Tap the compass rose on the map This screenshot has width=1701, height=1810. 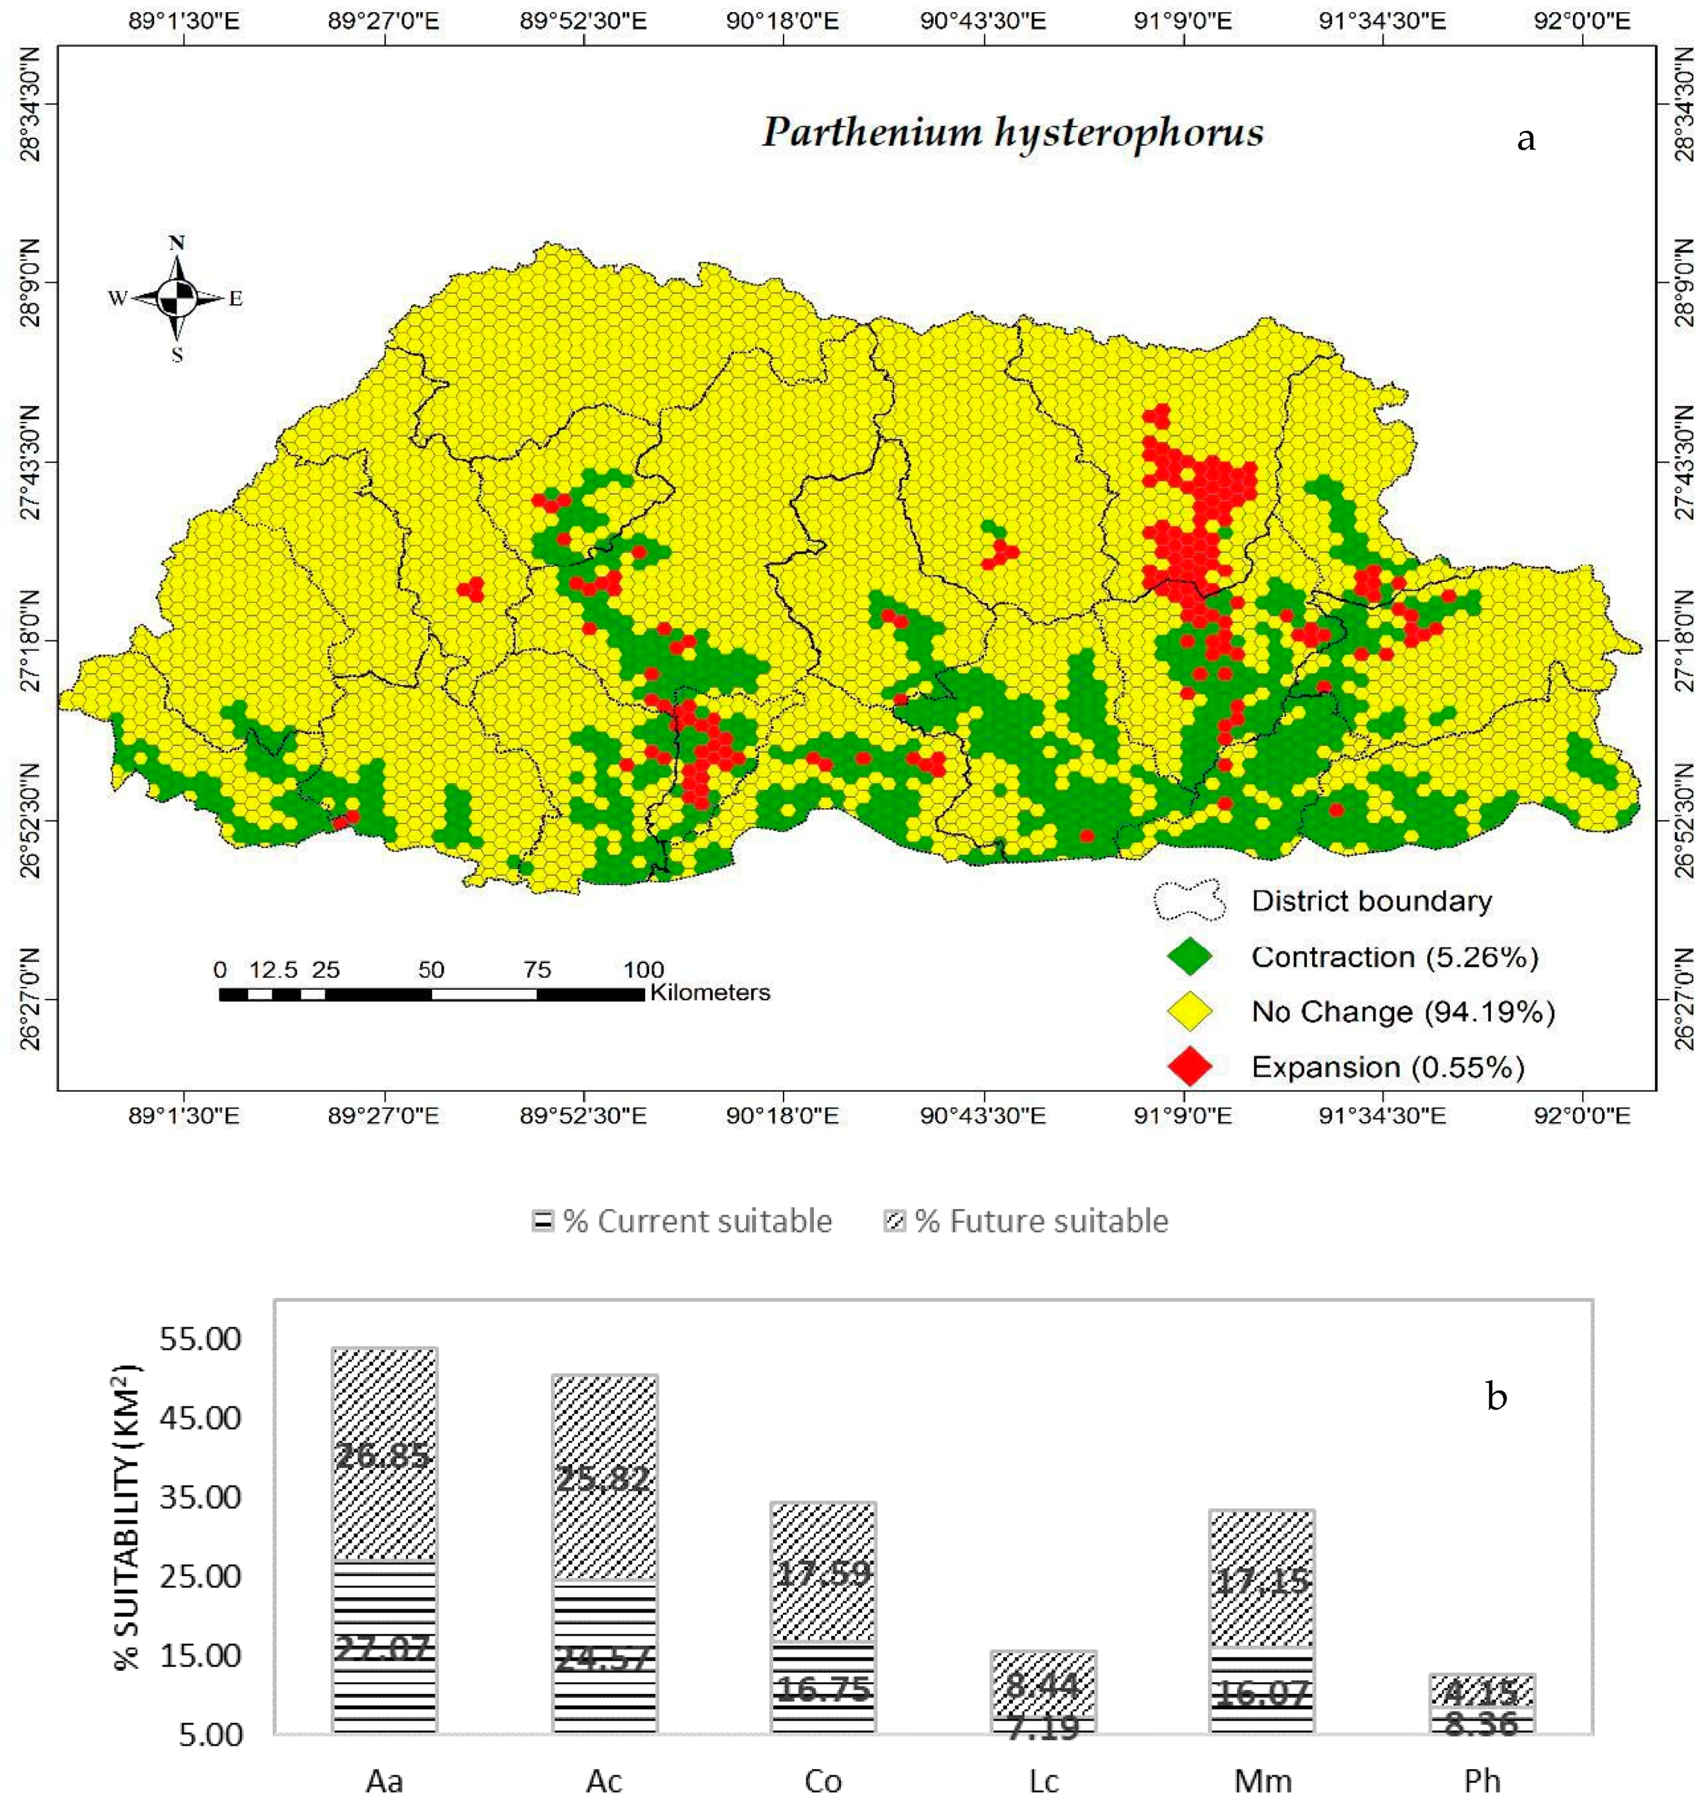[x=177, y=298]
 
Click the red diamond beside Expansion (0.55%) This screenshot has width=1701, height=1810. [x=1189, y=1066]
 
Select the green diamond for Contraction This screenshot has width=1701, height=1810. [x=1189, y=957]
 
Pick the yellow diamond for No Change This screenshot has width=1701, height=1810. [x=1189, y=1012]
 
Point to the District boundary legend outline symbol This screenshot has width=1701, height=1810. [x=1189, y=901]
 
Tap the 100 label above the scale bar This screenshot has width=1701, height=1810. [x=643, y=970]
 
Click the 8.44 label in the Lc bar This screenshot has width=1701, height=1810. [x=1042, y=1684]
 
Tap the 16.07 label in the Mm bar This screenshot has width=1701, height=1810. [x=1263, y=1694]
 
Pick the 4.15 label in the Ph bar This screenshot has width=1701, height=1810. [x=1481, y=1692]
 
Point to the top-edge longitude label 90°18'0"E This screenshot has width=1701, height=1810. [x=781, y=20]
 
